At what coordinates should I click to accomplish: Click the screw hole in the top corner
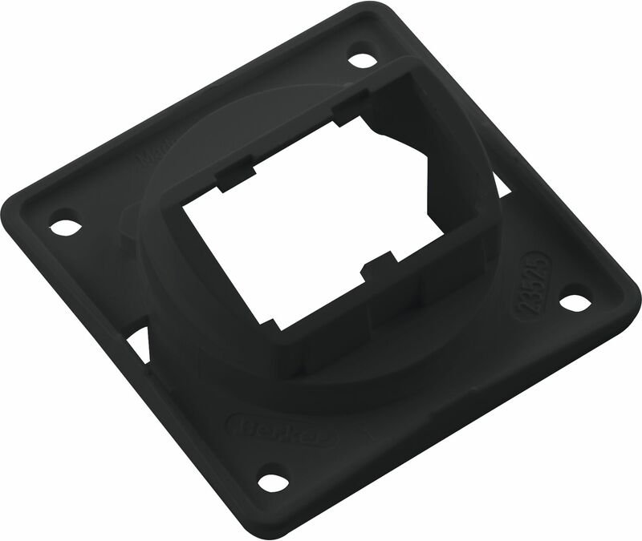tap(363, 60)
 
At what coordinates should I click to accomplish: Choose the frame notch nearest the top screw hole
tap(347, 109)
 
